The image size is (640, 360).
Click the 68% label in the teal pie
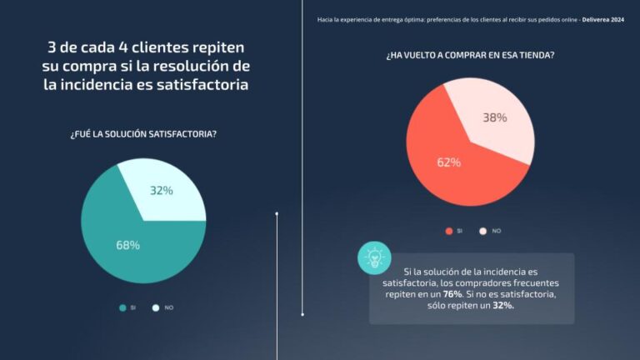pos(127,245)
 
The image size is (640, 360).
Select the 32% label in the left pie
pos(162,191)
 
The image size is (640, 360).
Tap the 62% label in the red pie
pos(448,162)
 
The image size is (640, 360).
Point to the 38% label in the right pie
pos(495,117)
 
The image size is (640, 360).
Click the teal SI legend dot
pos(122,307)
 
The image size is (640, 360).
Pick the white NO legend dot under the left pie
pos(155,307)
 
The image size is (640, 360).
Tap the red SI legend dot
pos(449,231)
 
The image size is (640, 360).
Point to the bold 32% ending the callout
pos(502,306)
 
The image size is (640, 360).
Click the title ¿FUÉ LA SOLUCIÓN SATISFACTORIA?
pos(143,134)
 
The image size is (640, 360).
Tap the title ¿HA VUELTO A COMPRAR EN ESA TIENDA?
pos(470,55)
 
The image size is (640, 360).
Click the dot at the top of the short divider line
pos(277,213)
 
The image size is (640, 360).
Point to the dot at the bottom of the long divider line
pos(302,314)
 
